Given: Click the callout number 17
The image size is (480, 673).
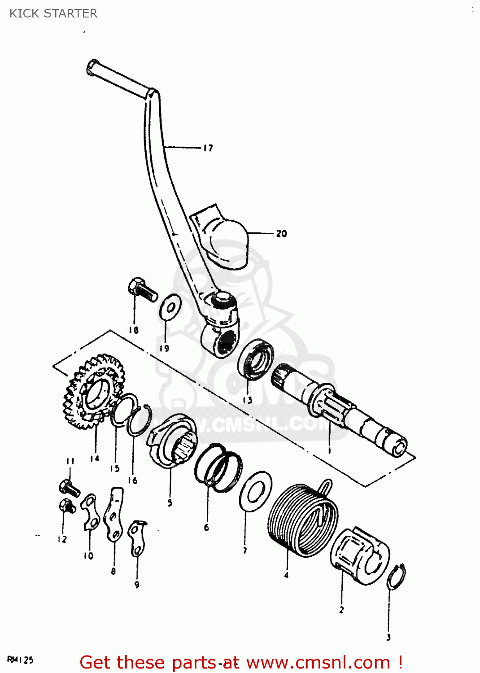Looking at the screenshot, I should [x=208, y=148].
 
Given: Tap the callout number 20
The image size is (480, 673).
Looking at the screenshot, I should [x=281, y=234].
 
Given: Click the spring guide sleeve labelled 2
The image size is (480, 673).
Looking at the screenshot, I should [x=359, y=556].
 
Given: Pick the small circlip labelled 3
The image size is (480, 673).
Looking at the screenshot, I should [x=397, y=577].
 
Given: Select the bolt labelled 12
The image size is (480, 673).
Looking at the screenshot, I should [x=67, y=507].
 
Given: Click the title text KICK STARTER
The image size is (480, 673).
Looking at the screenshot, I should [x=53, y=13].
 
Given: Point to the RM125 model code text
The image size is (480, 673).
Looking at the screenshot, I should [x=20, y=660].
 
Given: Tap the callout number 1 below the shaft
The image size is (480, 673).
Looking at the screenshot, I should [x=329, y=450].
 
